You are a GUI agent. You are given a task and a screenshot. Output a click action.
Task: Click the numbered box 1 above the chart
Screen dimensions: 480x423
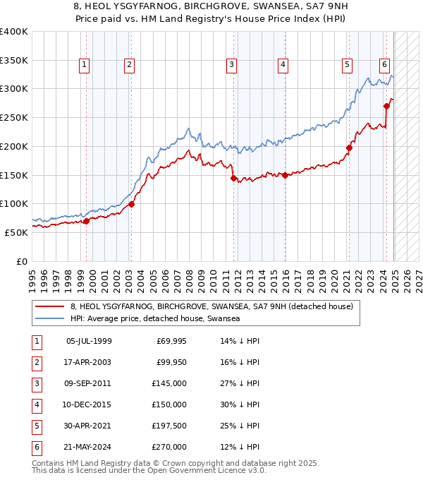pos(84,65)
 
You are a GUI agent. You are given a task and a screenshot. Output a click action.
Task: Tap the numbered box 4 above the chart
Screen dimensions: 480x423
pos(282,65)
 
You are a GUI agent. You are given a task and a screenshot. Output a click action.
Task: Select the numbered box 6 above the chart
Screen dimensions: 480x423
pos(385,65)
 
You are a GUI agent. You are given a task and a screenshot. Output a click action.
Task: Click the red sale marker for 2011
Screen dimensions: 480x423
pos(233,178)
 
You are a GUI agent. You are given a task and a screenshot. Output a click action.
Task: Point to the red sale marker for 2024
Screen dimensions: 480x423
pos(386,106)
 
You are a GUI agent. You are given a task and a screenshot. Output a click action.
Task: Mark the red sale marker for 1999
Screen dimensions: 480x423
pos(86,221)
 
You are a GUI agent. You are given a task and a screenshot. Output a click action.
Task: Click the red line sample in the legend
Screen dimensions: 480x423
pos(49,306)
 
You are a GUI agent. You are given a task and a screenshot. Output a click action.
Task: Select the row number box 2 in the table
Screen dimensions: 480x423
pos(36,363)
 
